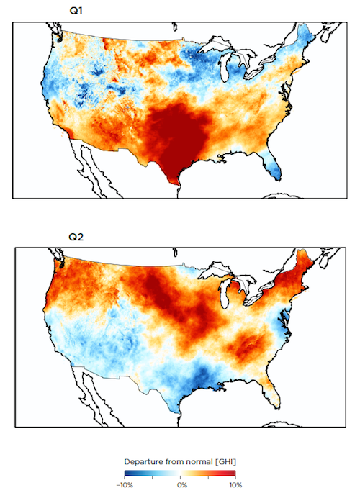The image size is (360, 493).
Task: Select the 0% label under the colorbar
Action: pos(183,487)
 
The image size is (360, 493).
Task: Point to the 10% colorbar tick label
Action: pos(235,487)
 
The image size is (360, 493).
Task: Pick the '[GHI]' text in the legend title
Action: pos(224,461)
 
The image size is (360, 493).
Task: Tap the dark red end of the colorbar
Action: pos(231,474)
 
